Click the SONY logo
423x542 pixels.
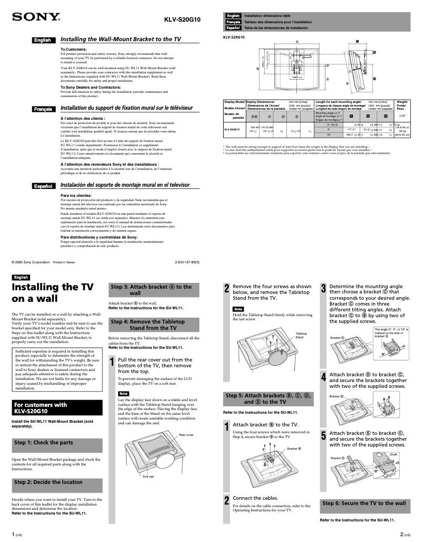pyautogui.click(x=36, y=17)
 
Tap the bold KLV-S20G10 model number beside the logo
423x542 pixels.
pyautogui.click(x=182, y=20)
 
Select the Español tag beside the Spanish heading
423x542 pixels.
pyautogui.click(x=42, y=186)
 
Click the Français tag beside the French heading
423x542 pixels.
pyautogui.click(x=43, y=109)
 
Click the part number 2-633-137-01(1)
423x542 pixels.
pyautogui.click(x=187, y=262)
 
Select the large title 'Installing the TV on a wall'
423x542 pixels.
pyautogui.click(x=53, y=293)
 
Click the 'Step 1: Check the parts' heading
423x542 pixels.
pyautogui.click(x=44, y=443)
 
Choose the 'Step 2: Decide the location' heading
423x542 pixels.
pyautogui.click(x=49, y=482)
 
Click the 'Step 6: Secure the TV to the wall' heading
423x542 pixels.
pyautogui.click(x=364, y=503)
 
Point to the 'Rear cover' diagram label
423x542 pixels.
pyautogui.click(x=186, y=435)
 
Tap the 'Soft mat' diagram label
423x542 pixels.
pyautogui.click(x=148, y=477)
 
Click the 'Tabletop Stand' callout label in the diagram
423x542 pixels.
pyautogui.click(x=301, y=336)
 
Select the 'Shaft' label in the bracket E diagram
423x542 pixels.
pyautogui.click(x=393, y=454)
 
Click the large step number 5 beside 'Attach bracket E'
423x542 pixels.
pyautogui.click(x=323, y=436)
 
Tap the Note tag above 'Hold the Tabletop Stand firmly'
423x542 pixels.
pyautogui.click(x=238, y=309)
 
